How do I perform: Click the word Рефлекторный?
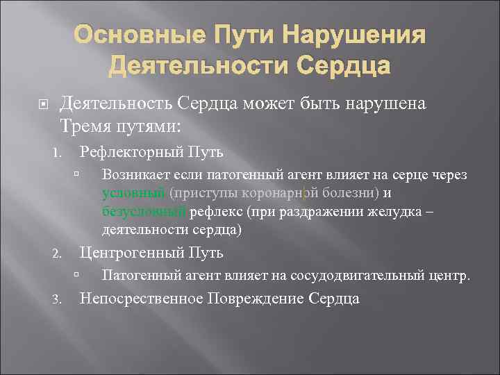(x=130, y=151)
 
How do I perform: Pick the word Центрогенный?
(x=129, y=253)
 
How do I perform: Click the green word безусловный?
(x=143, y=211)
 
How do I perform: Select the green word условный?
(x=133, y=193)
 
